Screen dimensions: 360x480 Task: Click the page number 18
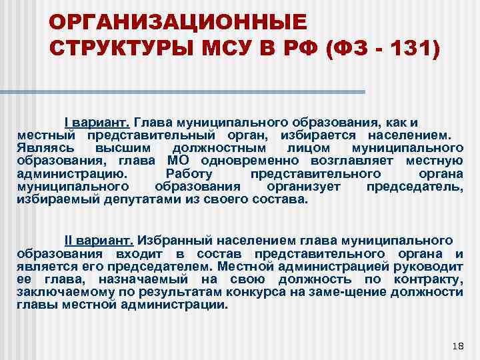pos(457,345)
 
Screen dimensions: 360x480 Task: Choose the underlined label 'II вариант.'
pos(99,240)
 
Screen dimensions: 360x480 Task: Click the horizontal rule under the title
pos(207,92)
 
